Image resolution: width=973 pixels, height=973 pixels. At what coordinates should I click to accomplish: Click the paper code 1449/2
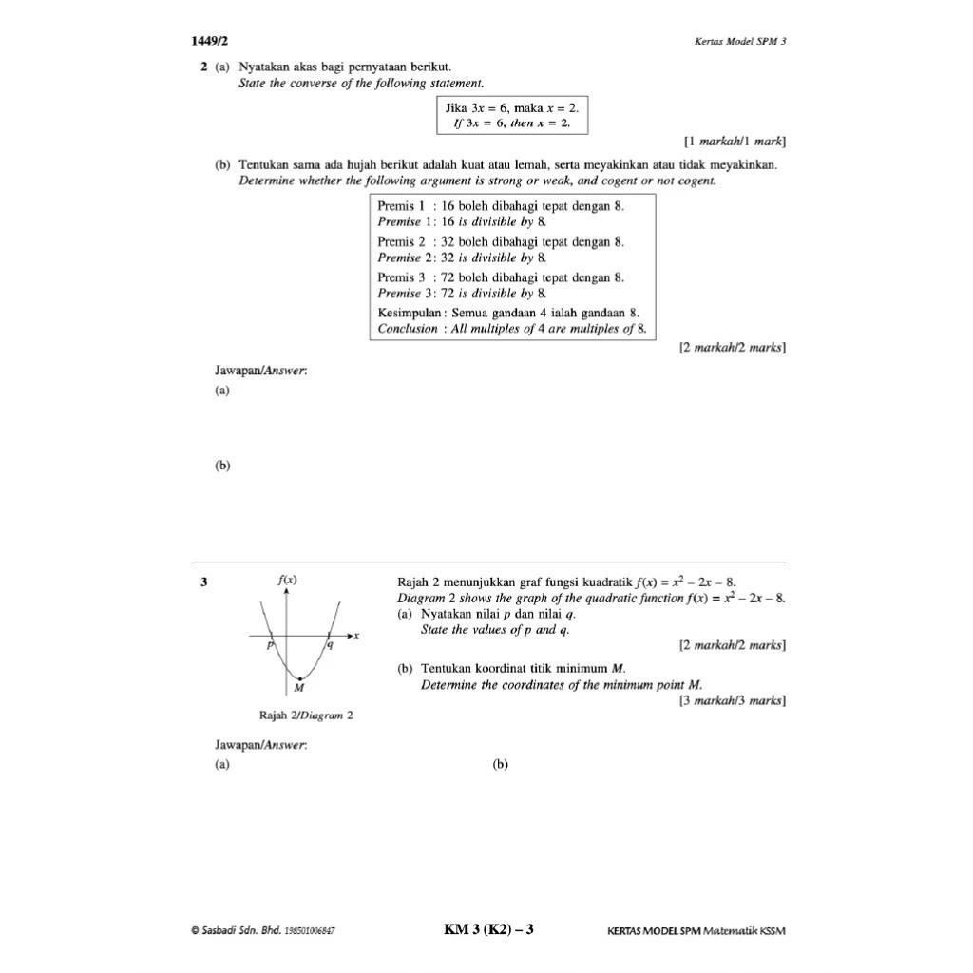click(209, 41)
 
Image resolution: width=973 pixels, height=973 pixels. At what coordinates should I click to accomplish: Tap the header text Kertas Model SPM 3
click(740, 42)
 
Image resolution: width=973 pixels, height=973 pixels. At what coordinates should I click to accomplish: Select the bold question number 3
click(203, 582)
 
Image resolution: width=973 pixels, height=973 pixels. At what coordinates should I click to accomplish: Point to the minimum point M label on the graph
click(298, 687)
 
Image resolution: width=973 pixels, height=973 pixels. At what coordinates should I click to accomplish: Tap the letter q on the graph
click(330, 646)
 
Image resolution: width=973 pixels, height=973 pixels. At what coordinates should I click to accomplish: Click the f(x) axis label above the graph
click(286, 579)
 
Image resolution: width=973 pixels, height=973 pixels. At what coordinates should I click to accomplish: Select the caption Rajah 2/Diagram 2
click(306, 715)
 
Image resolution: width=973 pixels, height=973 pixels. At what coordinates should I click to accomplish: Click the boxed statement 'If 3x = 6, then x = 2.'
click(511, 124)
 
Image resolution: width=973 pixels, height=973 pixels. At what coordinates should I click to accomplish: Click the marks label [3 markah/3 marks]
click(732, 701)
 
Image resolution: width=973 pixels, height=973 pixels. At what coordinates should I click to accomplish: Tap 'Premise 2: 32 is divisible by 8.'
click(463, 258)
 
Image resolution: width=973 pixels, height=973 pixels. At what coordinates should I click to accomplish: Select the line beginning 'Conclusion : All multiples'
click(511, 329)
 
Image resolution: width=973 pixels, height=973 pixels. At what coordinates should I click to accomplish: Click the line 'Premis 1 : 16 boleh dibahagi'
click(501, 205)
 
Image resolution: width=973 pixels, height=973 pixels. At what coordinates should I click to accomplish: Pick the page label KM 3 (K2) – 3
click(488, 929)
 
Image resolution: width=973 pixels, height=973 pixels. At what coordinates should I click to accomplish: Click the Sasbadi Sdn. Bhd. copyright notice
click(262, 930)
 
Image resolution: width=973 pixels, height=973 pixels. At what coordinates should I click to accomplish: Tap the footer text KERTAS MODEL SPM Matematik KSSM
click(696, 930)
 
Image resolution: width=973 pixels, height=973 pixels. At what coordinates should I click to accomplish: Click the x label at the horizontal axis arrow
click(356, 636)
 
